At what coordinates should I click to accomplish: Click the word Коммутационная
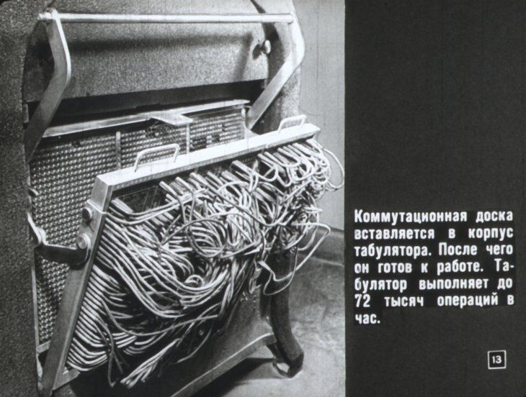coord(411,217)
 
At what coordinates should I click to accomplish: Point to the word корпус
coord(491,234)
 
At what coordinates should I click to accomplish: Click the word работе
coord(461,268)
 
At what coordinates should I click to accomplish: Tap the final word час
coord(367,319)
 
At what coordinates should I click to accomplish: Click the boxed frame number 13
coord(496,360)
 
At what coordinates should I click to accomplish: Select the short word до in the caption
coord(505,285)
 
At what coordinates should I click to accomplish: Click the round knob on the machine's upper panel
coord(266,47)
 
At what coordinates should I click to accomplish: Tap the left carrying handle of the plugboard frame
coord(156,155)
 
